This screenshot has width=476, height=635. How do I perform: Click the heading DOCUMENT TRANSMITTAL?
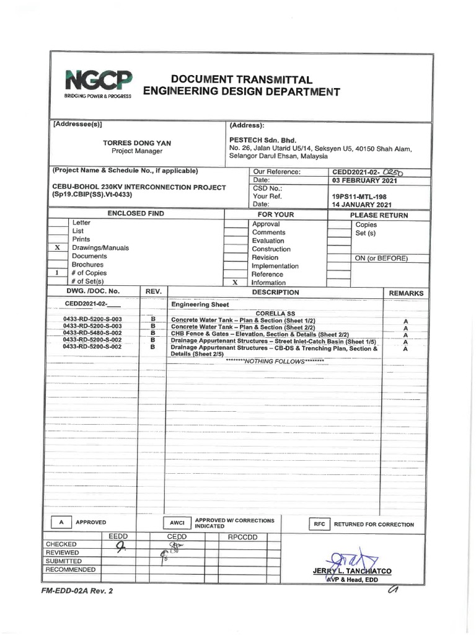(242, 80)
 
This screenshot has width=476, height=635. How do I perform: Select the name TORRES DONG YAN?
(137, 143)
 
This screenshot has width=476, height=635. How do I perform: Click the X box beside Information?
(235, 282)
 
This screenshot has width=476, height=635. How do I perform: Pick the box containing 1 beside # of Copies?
(57, 273)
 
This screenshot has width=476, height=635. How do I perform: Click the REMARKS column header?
(406, 293)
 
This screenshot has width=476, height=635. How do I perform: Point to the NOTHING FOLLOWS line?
(275, 361)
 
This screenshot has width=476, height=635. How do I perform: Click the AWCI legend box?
(174, 523)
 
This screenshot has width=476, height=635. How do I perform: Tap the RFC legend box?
(319, 524)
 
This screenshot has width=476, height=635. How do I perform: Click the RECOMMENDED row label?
(71, 569)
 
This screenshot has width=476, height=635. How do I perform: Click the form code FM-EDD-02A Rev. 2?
(78, 591)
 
